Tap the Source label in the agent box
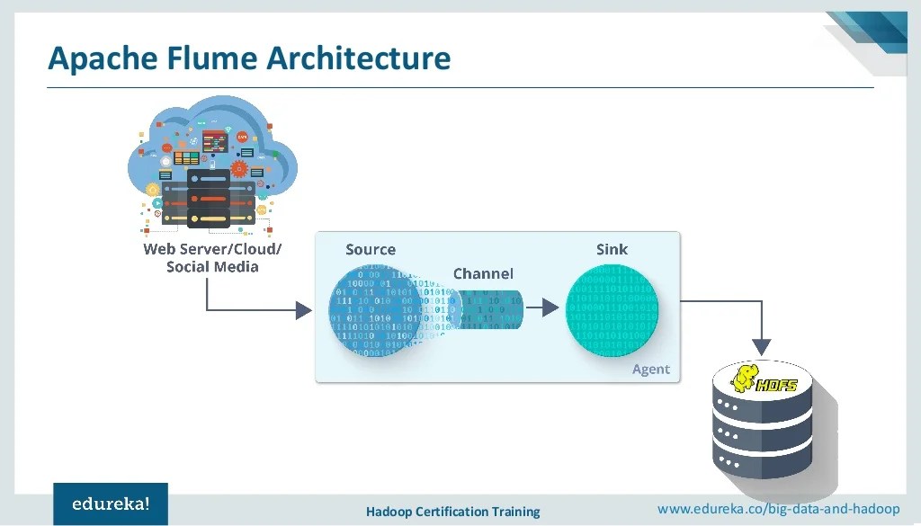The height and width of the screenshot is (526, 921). (x=370, y=249)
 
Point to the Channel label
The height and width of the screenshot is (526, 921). (x=483, y=273)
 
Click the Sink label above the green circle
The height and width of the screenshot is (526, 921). (x=612, y=249)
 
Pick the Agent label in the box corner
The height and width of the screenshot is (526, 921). (x=650, y=370)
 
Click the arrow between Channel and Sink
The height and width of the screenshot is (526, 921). (x=542, y=308)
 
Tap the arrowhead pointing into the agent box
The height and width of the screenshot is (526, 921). (x=304, y=310)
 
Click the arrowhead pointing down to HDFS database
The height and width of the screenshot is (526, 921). (x=762, y=346)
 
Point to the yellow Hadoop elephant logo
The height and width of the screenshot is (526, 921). (x=745, y=379)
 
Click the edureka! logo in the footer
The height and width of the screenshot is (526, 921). (x=111, y=504)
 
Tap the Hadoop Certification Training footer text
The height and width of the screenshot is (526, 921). (x=452, y=512)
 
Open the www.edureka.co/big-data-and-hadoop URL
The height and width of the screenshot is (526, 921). (x=778, y=509)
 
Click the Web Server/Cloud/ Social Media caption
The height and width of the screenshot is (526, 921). (x=212, y=257)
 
